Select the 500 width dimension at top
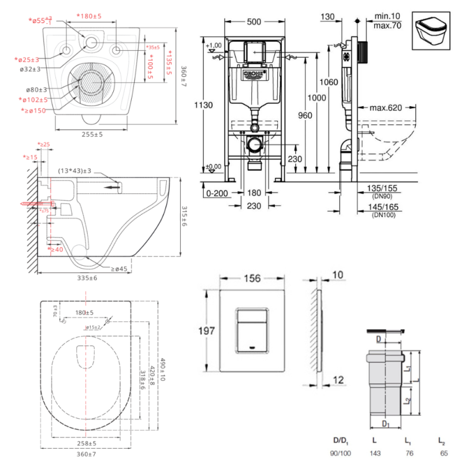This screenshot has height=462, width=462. point(254,22)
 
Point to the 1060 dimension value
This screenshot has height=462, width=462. point(329,82)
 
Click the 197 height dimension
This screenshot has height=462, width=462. point(207,331)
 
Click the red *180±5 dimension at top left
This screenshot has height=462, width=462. point(89,16)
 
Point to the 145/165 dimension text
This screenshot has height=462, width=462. point(383,207)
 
